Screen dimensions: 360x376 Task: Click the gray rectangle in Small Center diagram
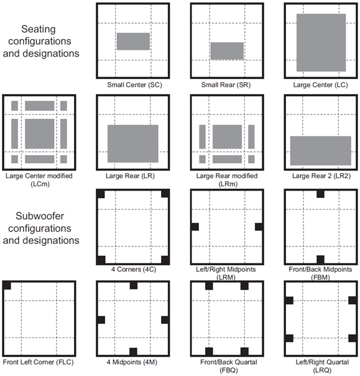(133, 41)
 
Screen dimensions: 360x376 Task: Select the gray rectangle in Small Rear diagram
(227, 51)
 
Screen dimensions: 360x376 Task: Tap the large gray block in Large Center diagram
(321, 42)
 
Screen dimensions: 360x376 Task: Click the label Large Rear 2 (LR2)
(321, 176)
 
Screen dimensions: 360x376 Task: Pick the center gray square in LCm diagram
(40, 134)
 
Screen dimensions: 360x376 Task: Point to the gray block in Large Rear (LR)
(132, 144)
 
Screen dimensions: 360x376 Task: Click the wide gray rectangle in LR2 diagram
(321, 151)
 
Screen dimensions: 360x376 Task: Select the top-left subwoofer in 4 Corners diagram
(101, 194)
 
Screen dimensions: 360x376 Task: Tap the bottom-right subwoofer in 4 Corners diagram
(165, 260)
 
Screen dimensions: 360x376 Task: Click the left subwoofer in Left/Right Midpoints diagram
(195, 227)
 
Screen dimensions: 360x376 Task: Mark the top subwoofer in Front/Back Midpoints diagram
(320, 194)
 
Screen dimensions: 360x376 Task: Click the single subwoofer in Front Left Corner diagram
(7, 286)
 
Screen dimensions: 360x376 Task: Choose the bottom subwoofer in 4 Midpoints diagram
(133, 352)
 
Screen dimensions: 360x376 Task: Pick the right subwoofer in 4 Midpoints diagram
(165, 320)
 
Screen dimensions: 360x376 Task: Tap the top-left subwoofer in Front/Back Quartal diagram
(209, 286)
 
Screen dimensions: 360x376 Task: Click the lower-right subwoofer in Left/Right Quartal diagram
(352, 338)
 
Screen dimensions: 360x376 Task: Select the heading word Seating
(39, 29)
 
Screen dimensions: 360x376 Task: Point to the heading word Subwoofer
(40, 216)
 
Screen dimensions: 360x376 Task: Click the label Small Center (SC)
(134, 85)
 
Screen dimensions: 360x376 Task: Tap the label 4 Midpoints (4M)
(132, 362)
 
